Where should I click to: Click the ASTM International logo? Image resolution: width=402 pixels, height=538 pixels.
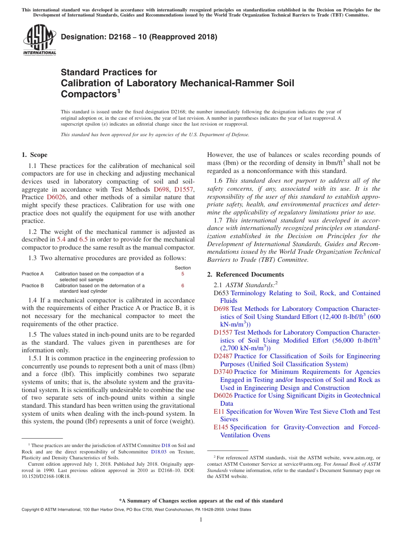click(39, 40)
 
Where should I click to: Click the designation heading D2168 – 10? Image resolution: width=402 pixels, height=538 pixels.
click(139, 37)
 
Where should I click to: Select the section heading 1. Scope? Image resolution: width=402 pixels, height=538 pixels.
click(35, 155)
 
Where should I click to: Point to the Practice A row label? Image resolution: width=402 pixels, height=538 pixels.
click(33, 274)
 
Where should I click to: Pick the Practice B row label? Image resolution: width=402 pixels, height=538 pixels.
click(33, 285)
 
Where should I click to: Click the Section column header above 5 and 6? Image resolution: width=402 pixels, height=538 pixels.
click(182, 268)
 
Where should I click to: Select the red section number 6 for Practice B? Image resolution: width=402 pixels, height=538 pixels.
click(182, 285)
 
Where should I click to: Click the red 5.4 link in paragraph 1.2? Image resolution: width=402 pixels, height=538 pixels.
click(62, 239)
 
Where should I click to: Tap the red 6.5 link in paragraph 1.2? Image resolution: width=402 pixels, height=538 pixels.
click(84, 239)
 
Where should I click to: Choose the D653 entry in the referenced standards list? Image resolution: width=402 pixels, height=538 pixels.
click(221, 293)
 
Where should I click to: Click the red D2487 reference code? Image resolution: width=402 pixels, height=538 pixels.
click(223, 356)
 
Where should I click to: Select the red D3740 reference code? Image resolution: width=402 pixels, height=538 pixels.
click(223, 372)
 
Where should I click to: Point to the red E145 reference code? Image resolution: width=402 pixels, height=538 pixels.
click(221, 427)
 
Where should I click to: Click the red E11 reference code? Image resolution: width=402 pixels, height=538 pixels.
click(219, 412)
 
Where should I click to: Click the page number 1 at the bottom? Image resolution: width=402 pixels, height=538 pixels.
click(201, 520)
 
